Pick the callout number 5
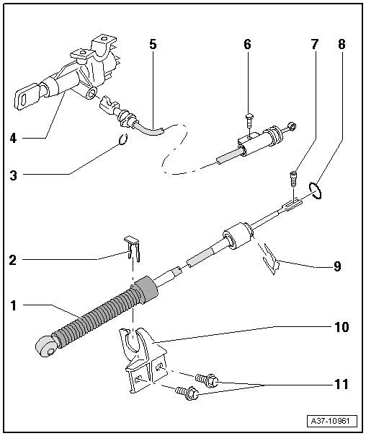coord(152,44)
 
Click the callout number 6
coord(247,44)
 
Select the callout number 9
coord(336,266)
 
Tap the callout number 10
coord(342,327)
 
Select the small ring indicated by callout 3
coord(122,141)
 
